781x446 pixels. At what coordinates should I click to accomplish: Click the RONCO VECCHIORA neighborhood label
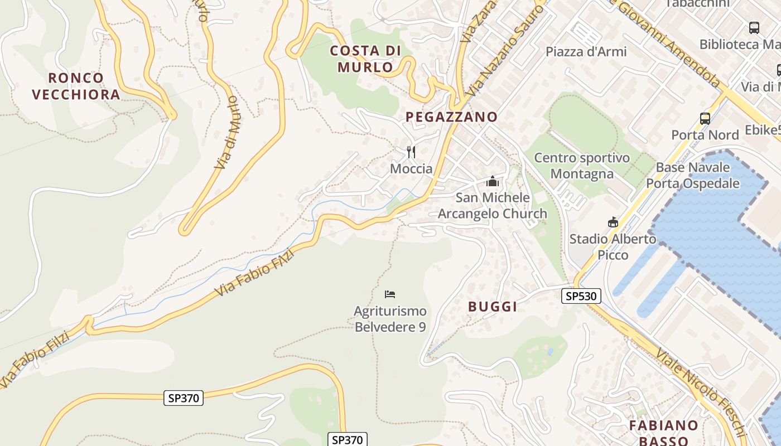pyautogui.click(x=76, y=86)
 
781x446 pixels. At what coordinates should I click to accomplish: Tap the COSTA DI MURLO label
pyautogui.click(x=365, y=59)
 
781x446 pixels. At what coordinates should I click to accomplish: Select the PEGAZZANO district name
pyautogui.click(x=451, y=117)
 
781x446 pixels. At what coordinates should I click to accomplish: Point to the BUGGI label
pyautogui.click(x=493, y=306)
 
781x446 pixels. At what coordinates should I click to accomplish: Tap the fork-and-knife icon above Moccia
pyautogui.click(x=411, y=152)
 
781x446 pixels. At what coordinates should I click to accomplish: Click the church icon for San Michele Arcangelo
pyautogui.click(x=492, y=181)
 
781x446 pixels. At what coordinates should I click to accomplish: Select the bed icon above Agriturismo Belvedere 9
pyautogui.click(x=390, y=294)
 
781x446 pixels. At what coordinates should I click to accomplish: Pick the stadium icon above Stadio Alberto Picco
pyautogui.click(x=613, y=222)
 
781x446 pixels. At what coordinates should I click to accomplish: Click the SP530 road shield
pyautogui.click(x=581, y=296)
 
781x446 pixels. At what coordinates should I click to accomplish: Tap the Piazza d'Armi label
pyautogui.click(x=586, y=51)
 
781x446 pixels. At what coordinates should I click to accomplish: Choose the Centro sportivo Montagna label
pyautogui.click(x=582, y=166)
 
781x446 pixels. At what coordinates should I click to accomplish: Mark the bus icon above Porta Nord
pyautogui.click(x=705, y=118)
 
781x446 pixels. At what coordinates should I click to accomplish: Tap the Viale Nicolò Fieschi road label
pyautogui.click(x=701, y=392)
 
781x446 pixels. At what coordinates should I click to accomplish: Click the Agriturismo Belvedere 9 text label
pyautogui.click(x=390, y=319)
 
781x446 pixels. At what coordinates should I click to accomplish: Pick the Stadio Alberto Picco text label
pyautogui.click(x=613, y=247)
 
